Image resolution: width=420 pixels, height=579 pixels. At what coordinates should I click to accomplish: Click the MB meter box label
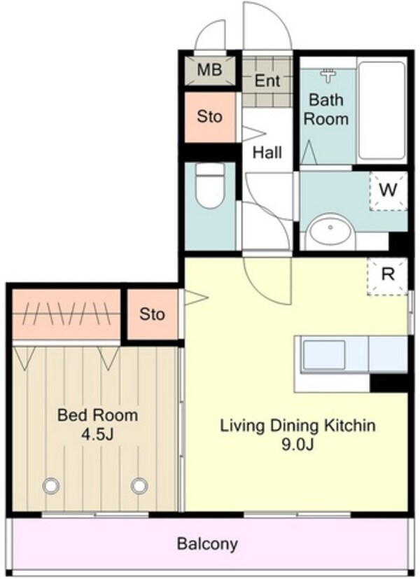209,70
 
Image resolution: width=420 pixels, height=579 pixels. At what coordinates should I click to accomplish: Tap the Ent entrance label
267,81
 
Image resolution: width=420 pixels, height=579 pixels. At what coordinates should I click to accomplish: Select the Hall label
267,152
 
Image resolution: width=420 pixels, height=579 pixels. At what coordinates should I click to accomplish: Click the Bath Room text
326,109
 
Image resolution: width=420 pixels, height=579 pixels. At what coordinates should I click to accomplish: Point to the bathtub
381,111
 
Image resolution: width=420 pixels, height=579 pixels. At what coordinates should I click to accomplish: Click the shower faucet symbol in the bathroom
328,76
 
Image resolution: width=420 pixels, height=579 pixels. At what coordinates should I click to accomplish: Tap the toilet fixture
210,186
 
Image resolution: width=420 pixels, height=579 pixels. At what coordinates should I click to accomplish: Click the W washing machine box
388,191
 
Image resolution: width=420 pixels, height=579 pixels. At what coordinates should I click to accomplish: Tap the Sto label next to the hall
209,117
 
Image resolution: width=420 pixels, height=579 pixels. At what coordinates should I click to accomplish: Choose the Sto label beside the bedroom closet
152,314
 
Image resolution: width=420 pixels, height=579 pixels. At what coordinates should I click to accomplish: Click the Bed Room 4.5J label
97,425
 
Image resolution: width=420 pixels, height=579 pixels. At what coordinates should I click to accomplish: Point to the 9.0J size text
297,445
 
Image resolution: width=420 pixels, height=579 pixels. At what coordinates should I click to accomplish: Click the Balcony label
207,544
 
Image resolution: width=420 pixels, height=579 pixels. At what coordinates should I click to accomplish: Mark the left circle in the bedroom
51,486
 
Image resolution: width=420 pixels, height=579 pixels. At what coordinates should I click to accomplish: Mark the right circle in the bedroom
139,486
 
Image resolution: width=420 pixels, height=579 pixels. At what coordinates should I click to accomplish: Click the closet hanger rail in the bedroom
66,314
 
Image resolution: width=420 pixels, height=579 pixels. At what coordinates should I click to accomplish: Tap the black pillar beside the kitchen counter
389,383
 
